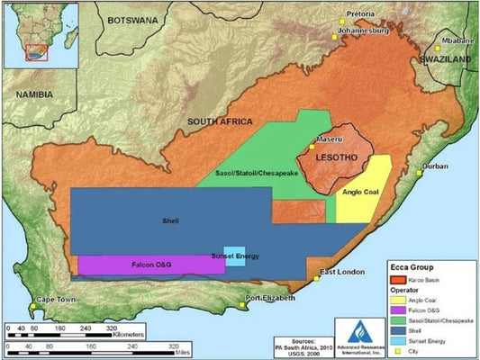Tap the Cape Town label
56,300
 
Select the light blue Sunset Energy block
234,255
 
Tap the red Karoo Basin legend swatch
385,281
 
